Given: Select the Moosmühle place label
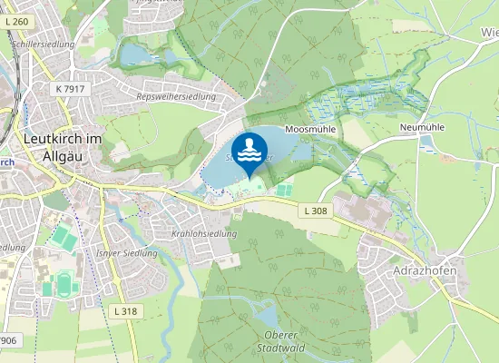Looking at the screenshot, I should click(310, 130).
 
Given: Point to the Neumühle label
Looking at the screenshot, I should click(420, 129).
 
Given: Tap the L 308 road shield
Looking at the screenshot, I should click(315, 211).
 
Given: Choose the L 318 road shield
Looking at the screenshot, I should click(127, 310).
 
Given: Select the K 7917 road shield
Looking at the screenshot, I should click(70, 89).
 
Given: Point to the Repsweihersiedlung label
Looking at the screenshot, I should click(171, 96).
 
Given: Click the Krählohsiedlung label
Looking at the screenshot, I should click(203, 234).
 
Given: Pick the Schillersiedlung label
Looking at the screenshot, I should click(43, 43).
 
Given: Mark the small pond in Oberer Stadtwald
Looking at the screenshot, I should click(268, 316).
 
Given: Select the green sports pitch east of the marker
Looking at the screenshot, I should click(284, 191).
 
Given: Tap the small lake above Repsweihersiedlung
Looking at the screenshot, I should click(138, 54).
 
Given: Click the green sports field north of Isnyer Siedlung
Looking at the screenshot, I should click(61, 238).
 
